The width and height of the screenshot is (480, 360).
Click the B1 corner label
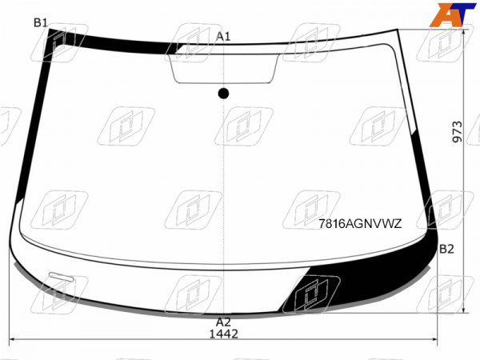(x=40, y=22)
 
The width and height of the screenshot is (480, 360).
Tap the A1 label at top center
(x=223, y=37)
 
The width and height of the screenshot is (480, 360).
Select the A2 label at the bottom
(x=223, y=322)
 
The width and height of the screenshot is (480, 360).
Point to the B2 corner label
(x=446, y=249)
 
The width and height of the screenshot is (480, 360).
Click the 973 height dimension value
(x=458, y=132)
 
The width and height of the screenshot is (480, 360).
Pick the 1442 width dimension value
(x=223, y=334)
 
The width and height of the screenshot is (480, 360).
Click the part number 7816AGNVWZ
(x=360, y=224)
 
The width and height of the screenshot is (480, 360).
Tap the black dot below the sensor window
(x=223, y=94)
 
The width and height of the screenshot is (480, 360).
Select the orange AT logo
(x=452, y=14)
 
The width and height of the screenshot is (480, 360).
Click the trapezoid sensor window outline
(x=224, y=82)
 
